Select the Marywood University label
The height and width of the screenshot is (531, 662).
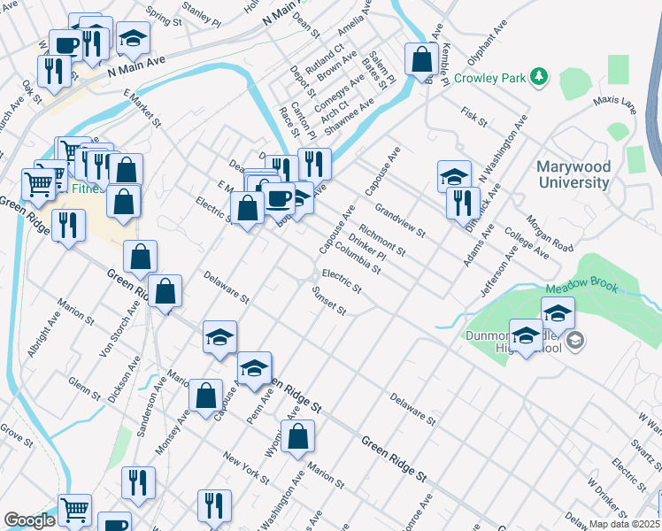click(573, 174)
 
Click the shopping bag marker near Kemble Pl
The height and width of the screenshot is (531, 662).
click(422, 59)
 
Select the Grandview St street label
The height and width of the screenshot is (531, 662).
click(400, 222)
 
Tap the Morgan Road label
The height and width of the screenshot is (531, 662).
click(549, 232)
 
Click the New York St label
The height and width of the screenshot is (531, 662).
click(245, 469)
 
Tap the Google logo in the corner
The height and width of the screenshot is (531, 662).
click(29, 520)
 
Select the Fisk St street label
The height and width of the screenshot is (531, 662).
click(473, 117)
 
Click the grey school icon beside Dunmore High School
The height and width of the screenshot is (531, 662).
click(574, 340)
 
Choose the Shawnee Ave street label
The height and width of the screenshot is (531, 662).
click(350, 116)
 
